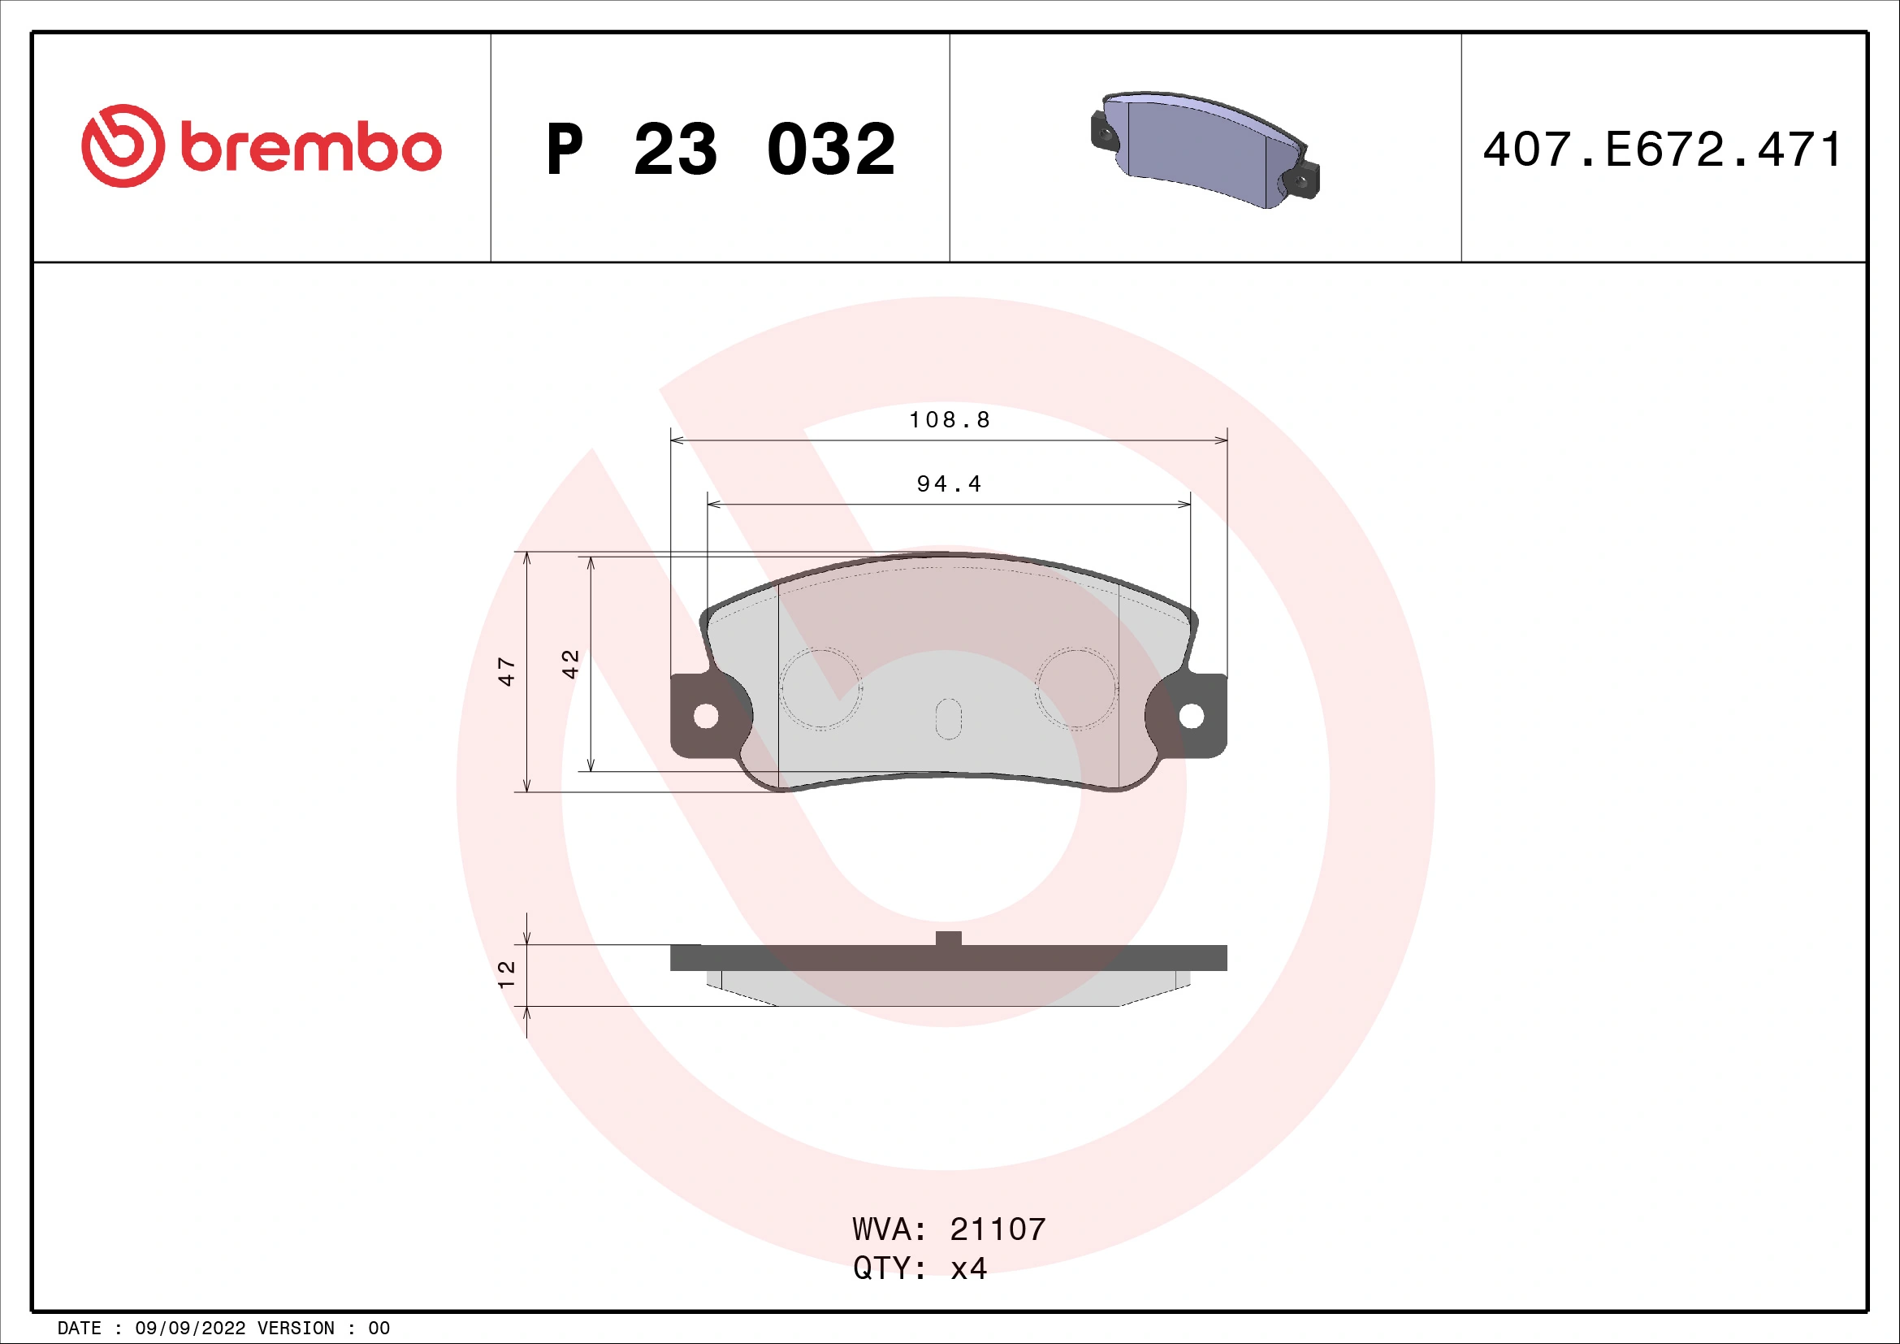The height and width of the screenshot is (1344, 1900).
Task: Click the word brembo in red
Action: tap(310, 149)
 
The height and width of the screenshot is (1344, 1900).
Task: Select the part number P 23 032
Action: tap(720, 150)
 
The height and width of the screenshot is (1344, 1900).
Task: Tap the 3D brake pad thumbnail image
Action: tap(1205, 150)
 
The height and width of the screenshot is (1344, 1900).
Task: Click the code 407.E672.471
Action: tap(1662, 150)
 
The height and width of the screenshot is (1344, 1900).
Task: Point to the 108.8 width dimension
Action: tap(949, 420)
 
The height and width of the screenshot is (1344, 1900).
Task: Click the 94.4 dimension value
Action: tap(949, 484)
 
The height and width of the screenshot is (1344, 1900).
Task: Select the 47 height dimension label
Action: tap(506, 671)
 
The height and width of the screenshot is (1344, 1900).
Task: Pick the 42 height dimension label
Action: tap(570, 665)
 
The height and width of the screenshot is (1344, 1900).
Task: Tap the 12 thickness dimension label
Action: tap(506, 974)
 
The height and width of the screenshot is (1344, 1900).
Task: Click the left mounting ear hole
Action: tap(706, 717)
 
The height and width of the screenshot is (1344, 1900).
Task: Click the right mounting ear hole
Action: tap(1191, 717)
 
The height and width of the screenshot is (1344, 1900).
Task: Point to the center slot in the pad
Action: tap(948, 719)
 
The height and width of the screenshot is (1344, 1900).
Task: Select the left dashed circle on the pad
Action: tap(821, 688)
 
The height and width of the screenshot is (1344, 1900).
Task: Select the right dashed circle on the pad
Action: tap(1076, 688)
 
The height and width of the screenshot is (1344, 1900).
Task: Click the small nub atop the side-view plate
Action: tap(948, 939)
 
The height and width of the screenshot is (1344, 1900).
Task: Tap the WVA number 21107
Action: tap(998, 1229)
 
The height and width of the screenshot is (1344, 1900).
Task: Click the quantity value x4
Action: tap(968, 1268)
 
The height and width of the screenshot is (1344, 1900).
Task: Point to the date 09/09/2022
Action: tap(189, 1329)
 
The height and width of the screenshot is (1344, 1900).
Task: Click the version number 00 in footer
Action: tap(379, 1329)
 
